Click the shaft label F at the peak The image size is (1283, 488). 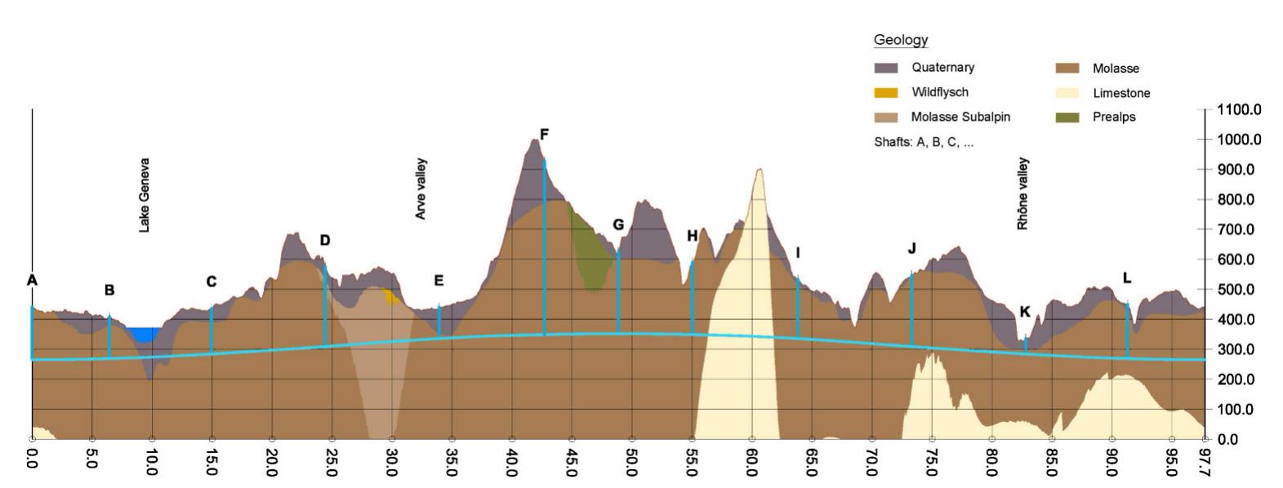[544, 135]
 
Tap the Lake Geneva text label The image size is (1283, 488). [145, 195]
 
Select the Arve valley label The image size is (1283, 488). [421, 189]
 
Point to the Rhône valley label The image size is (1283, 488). [1022, 193]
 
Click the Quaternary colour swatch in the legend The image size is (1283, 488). [886, 68]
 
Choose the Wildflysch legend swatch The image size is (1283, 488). [886, 92]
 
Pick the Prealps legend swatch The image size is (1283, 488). [1067, 117]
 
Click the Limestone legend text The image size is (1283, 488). [1121, 93]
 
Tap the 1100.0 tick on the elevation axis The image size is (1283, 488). [1238, 109]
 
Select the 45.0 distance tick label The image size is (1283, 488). [572, 462]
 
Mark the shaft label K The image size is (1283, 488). [1025, 312]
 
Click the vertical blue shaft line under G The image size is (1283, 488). [618, 294]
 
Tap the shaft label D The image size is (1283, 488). [325, 240]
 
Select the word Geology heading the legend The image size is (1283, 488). [901, 40]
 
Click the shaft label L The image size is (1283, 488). [1127, 278]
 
